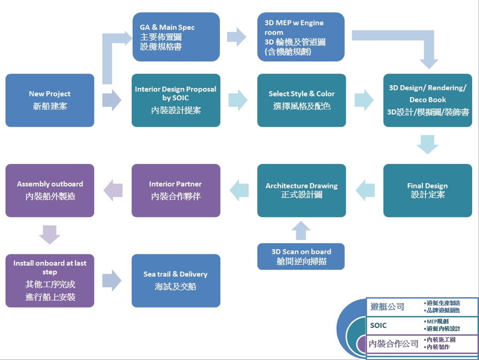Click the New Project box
click(x=50, y=100)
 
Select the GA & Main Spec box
click(x=176, y=37)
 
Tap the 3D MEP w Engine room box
click(x=301, y=37)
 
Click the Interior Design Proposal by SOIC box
click(x=176, y=100)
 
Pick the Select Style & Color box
click(x=301, y=100)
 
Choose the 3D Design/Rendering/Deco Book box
click(x=428, y=100)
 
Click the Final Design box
click(x=428, y=191)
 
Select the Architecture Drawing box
click(x=301, y=191)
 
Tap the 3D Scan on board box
click(x=301, y=256)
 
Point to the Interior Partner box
click(x=176, y=191)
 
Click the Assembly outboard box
click(x=50, y=191)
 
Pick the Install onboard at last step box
click(x=50, y=281)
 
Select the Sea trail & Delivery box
click(x=176, y=281)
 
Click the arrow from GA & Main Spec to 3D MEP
click(x=237, y=37)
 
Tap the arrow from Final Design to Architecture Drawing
click(x=365, y=190)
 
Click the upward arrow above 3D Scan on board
click(x=301, y=230)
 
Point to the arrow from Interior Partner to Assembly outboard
click(x=113, y=190)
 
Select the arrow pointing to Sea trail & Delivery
click(x=112, y=281)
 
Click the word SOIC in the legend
click(x=378, y=325)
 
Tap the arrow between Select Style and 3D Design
click(x=364, y=100)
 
